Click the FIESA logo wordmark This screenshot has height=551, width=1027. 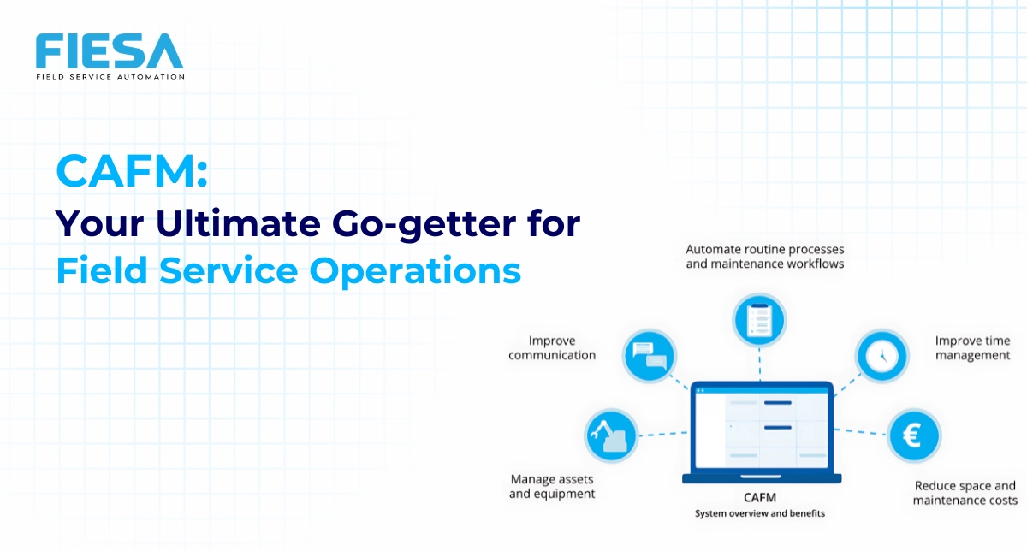[x=110, y=51]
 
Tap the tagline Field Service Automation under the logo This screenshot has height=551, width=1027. [x=110, y=76]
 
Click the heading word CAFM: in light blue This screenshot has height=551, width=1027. [x=132, y=172]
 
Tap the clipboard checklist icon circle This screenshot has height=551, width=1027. [x=759, y=321]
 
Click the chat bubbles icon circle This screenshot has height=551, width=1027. [x=650, y=355]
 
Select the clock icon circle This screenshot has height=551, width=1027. [x=882, y=356]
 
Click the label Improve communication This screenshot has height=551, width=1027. [x=552, y=348]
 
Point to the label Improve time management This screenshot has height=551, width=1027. [x=972, y=348]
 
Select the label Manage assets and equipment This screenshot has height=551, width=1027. [x=552, y=487]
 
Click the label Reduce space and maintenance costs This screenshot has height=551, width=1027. [x=965, y=493]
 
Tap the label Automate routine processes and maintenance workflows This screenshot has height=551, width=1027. [x=765, y=257]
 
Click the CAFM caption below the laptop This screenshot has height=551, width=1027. [x=761, y=496]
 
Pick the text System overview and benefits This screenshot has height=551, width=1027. [x=761, y=513]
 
